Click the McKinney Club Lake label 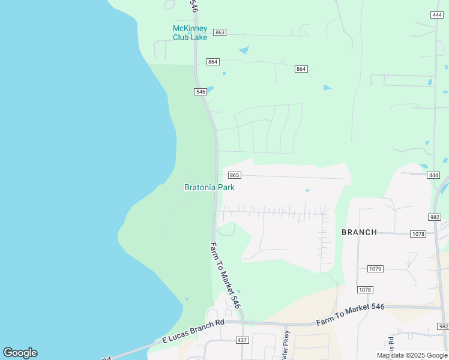point(190,33)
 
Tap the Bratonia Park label point(209,187)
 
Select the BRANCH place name point(359,232)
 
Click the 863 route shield point(220,32)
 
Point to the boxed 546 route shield point(200,92)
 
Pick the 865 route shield point(235,175)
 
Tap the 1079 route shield point(375,268)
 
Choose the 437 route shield point(242,340)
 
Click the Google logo point(20,353)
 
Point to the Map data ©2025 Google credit point(412,355)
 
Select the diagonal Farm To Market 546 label point(225,275)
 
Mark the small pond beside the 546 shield point(210,89)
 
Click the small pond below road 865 point(307,191)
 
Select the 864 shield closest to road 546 point(213,62)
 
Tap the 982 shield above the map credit point(443,326)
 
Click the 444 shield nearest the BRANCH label point(434,175)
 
